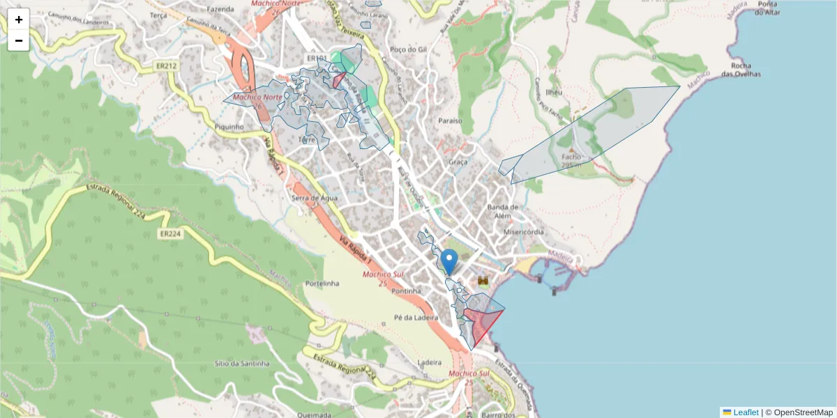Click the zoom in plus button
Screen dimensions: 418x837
pyautogui.click(x=19, y=20)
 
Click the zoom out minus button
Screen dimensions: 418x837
pyautogui.click(x=19, y=40)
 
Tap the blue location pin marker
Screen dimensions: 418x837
pyautogui.click(x=450, y=261)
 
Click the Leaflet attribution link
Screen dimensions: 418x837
pyautogui.click(x=746, y=412)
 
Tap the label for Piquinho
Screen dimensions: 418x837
pyautogui.click(x=229, y=127)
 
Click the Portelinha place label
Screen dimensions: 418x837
pyautogui.click(x=322, y=284)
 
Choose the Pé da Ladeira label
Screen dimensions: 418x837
pyautogui.click(x=416, y=318)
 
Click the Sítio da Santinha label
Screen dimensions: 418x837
pyautogui.click(x=242, y=364)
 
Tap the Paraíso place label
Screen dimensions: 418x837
pyautogui.click(x=451, y=121)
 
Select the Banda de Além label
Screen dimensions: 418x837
pyautogui.click(x=503, y=211)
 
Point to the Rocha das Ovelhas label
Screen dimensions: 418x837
pyautogui.click(x=741, y=70)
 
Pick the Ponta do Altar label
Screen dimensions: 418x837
pyautogui.click(x=772, y=8)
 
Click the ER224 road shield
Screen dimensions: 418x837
pyautogui.click(x=169, y=234)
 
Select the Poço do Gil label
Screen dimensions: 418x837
pyautogui.click(x=408, y=49)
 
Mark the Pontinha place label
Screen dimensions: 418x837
pyautogui.click(x=407, y=291)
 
